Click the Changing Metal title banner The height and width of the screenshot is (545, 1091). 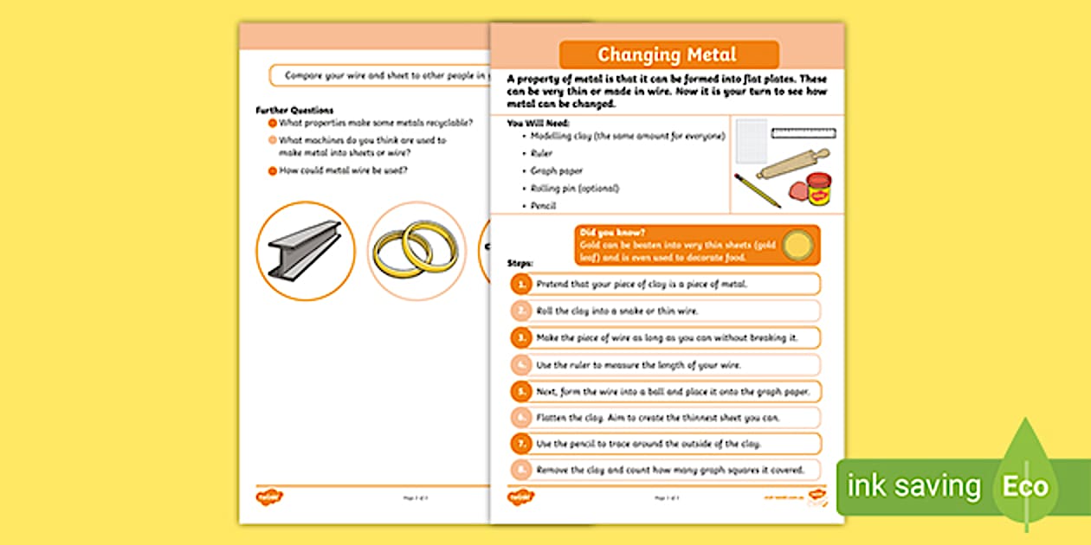(x=668, y=55)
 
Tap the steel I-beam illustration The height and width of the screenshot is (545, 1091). (x=304, y=250)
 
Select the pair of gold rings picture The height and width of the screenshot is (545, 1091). (x=416, y=250)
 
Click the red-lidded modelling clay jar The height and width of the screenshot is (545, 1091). (x=818, y=189)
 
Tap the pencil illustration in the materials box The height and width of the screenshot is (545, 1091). (x=757, y=190)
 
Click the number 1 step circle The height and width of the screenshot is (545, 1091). (x=520, y=284)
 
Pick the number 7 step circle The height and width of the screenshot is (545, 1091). (x=520, y=444)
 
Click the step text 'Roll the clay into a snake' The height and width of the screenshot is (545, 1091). (x=617, y=311)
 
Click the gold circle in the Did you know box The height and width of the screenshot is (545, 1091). (x=797, y=246)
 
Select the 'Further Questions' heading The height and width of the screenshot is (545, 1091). (x=294, y=111)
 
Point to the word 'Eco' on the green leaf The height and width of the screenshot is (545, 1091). (x=1025, y=486)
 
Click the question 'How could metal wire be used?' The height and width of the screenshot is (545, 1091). (x=343, y=170)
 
